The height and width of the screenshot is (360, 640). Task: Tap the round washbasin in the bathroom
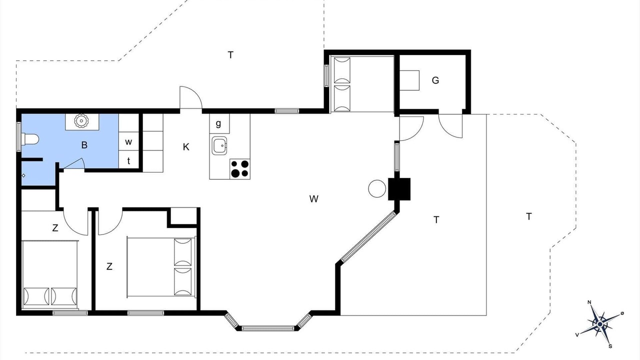[x=81, y=121]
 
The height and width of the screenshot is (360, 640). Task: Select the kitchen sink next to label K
[x=219, y=145]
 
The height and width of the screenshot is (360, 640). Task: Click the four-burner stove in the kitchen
[x=240, y=169]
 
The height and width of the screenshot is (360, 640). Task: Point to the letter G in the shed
[x=435, y=80]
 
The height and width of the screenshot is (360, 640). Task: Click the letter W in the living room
[x=313, y=199]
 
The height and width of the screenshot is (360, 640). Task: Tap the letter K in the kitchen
[x=186, y=147]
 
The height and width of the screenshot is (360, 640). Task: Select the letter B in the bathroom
[x=84, y=145]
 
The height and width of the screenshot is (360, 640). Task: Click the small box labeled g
[x=219, y=123]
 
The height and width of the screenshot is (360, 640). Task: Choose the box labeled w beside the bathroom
[x=128, y=141]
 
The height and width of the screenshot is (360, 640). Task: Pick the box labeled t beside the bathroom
[x=128, y=160]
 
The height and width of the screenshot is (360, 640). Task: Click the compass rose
[x=599, y=324]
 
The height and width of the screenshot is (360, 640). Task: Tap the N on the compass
[x=589, y=302]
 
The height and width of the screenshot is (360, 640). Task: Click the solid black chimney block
[x=399, y=189]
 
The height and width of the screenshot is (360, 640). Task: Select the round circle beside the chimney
[x=377, y=188]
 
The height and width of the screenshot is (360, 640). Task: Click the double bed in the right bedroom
[x=161, y=267]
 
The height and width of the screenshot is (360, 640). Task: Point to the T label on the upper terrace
[x=230, y=54]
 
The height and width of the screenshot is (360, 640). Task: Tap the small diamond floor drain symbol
[x=23, y=175]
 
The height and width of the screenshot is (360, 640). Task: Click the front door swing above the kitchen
[x=191, y=97]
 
